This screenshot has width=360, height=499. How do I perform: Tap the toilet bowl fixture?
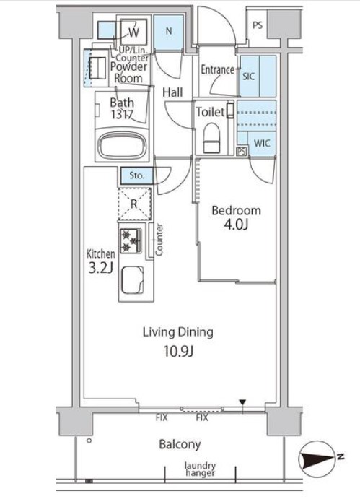pyautogui.click(x=211, y=138)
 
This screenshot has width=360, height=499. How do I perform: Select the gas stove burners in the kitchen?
pyautogui.click(x=131, y=241)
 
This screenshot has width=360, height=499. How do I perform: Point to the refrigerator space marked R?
pyautogui.click(x=134, y=204)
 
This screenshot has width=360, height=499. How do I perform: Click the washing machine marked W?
pyautogui.click(x=134, y=32)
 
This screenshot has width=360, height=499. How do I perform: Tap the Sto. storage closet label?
pyautogui.click(x=137, y=175)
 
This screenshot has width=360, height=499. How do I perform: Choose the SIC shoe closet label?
pyautogui.click(x=248, y=77)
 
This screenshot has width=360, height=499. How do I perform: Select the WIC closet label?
pyautogui.click(x=262, y=143)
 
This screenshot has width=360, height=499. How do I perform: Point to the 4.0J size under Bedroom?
pyautogui.click(x=236, y=225)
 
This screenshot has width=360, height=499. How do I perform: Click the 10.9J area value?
pyautogui.click(x=178, y=352)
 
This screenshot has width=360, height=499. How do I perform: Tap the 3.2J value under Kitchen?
pyautogui.click(x=100, y=269)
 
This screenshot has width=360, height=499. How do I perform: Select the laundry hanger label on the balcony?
pyautogui.click(x=201, y=469)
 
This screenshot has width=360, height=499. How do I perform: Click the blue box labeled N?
pyautogui.click(x=169, y=32)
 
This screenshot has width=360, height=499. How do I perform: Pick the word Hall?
pyautogui.click(x=172, y=92)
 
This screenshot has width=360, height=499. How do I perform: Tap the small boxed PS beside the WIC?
pyautogui.click(x=242, y=152)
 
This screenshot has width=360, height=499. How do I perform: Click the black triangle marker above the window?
pyautogui.click(x=242, y=403)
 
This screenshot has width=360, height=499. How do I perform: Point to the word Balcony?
pyautogui.click(x=180, y=445)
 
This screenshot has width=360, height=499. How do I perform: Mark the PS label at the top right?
pyautogui.click(x=258, y=25)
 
